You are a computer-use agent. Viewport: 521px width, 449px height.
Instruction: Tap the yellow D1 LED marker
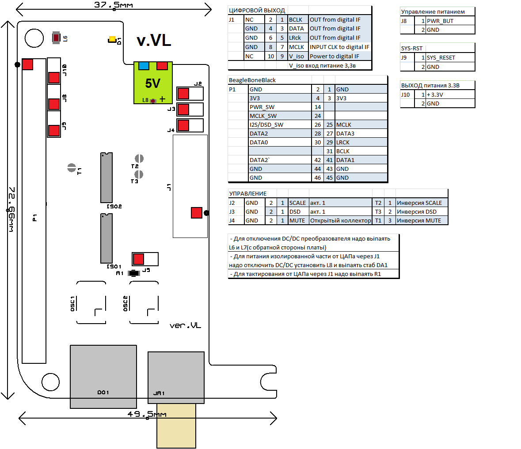(x=112, y=40)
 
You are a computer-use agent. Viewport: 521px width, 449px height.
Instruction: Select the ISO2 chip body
(x=106, y=177)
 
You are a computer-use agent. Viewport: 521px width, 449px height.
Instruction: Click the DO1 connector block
(x=103, y=376)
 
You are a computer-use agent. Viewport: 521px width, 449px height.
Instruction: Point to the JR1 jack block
(x=176, y=377)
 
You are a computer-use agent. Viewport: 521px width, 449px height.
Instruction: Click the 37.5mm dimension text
(x=113, y=5)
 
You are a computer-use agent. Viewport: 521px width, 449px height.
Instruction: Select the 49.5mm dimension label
(x=147, y=414)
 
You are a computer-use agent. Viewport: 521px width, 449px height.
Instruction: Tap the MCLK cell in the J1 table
(x=297, y=47)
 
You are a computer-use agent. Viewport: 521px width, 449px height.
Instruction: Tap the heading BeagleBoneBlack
(x=252, y=80)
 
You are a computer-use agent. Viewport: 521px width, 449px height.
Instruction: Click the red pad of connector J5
(x=138, y=259)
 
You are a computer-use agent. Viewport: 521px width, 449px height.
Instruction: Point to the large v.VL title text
(x=154, y=41)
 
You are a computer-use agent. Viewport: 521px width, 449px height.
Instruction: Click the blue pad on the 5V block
(x=144, y=66)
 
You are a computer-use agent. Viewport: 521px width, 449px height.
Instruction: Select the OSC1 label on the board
(x=73, y=303)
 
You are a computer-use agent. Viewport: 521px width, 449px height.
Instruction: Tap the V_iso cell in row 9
(x=297, y=57)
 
